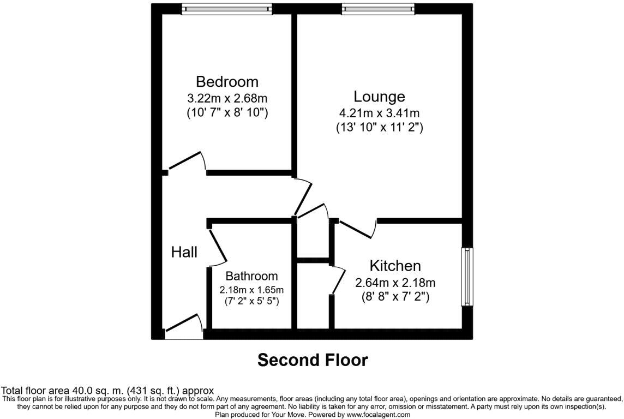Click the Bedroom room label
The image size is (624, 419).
[x=227, y=82]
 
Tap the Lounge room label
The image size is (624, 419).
[x=379, y=97]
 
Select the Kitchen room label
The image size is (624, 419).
[x=395, y=266]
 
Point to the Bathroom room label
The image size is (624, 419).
[x=251, y=276]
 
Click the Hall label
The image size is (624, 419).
[x=184, y=252]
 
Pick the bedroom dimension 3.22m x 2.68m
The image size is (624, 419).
[x=227, y=99]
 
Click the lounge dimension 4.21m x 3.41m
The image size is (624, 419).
[x=379, y=113]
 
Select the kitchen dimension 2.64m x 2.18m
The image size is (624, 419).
[x=395, y=283]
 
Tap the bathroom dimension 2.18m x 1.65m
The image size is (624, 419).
[x=251, y=289]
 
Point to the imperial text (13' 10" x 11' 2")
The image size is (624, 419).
[x=379, y=128]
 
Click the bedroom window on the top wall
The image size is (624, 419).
[x=227, y=9]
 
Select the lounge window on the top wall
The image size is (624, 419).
[x=378, y=9]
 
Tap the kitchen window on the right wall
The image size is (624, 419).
[x=467, y=277]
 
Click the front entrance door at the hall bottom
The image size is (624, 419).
[x=184, y=325]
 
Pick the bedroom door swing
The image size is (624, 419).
[x=187, y=163]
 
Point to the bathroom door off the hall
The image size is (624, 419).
[x=217, y=244]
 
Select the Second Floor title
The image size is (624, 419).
[x=313, y=360]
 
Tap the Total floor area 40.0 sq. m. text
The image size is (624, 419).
[x=107, y=391]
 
